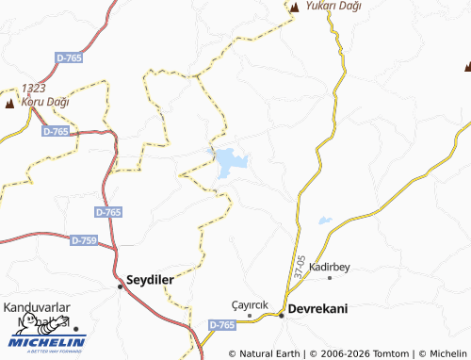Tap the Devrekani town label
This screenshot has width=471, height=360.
click(x=319, y=309)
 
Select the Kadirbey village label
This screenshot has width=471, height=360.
click(x=329, y=268)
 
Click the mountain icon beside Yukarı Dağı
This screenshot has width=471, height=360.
click(x=294, y=8)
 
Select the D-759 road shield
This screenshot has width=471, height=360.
click(x=84, y=240)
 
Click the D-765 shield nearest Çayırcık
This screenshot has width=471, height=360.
click(x=222, y=324)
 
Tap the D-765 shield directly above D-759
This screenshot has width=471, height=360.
click(x=108, y=213)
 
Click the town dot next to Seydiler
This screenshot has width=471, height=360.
click(x=120, y=286)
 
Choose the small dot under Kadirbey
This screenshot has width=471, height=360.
click(x=329, y=278)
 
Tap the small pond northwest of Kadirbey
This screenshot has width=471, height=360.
click(x=324, y=221)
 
